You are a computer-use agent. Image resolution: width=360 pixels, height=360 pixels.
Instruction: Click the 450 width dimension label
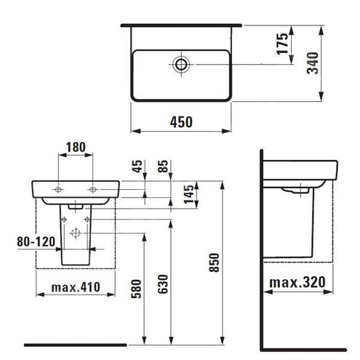[181, 122]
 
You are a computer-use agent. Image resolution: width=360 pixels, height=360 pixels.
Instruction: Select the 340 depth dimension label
[313, 63]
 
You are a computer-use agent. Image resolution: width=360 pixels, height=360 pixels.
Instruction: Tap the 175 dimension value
[283, 44]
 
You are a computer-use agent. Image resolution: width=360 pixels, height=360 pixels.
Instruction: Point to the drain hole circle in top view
[181, 65]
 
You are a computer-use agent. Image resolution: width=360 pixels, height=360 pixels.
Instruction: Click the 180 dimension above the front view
[76, 147]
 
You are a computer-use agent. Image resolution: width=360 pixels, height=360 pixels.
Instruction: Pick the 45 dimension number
[137, 167]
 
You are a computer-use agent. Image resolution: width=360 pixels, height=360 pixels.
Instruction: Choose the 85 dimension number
[163, 167]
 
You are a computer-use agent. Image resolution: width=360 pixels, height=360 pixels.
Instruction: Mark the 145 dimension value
[189, 194]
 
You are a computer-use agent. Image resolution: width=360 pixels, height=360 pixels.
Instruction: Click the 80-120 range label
[36, 241]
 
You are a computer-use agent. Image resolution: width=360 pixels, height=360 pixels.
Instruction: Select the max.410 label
[76, 287]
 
